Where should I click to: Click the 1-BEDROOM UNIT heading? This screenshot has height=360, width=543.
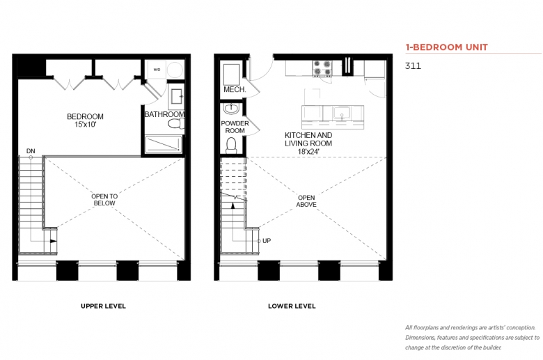click(446, 47)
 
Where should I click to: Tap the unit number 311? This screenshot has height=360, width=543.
click(413, 66)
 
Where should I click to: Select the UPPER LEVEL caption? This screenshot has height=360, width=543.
click(103, 306)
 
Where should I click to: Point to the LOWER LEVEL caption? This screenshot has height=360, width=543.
click(292, 306)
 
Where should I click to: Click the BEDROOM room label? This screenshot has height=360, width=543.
click(85, 116)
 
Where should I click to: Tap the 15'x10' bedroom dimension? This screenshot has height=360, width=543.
click(85, 125)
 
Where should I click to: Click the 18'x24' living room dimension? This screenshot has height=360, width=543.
click(308, 151)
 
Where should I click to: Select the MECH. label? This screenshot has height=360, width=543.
click(235, 89)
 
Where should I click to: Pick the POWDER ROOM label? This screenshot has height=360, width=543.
click(235, 127)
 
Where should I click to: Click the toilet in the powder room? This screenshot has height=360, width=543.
click(231, 145)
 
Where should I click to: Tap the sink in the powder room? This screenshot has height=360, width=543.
click(231, 109)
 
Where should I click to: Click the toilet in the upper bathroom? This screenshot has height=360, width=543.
click(177, 123)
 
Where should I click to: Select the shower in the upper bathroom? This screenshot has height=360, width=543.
click(163, 144)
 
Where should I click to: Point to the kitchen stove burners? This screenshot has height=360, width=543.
click(322, 68)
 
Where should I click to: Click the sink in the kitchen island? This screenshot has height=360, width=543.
click(341, 113)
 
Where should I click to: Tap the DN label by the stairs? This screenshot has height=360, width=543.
click(31, 150)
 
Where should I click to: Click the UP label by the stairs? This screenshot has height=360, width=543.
click(267, 241)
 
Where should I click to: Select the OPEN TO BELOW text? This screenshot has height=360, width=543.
click(104, 200)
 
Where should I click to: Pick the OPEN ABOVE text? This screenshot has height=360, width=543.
click(306, 201)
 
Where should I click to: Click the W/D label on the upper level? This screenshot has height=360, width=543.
click(157, 70)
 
